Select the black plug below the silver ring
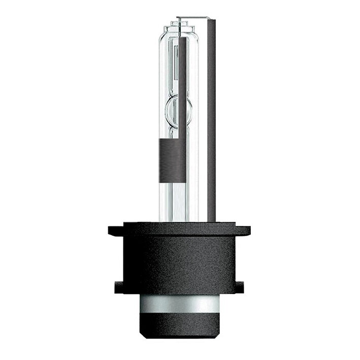(180, 330)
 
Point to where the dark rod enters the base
(211, 221)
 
